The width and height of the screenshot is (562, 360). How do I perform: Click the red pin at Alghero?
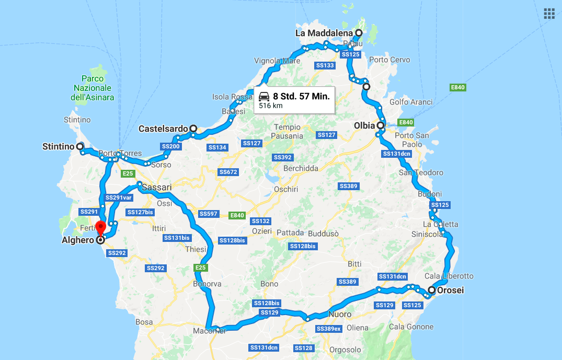(x=101, y=228)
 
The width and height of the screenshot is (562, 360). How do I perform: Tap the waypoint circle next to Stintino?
(x=80, y=147)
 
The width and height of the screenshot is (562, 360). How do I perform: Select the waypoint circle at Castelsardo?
(x=193, y=128)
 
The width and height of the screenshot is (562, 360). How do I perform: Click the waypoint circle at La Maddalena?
(x=359, y=33)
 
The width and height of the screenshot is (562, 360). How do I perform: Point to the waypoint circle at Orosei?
(x=432, y=290)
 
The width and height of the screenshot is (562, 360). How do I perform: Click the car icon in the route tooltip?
(x=264, y=96)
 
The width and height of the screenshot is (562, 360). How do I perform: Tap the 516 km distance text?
(x=271, y=106)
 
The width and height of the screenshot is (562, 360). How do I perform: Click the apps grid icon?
(x=549, y=14)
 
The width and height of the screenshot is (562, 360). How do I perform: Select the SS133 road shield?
(x=325, y=65)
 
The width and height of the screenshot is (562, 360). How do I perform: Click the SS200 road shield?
(x=170, y=147)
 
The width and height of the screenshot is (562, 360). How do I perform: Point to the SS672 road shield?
(x=228, y=172)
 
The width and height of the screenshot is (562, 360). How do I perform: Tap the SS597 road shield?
(x=208, y=214)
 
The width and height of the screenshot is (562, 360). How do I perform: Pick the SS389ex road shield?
(x=329, y=329)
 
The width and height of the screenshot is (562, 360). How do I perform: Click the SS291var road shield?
(x=118, y=198)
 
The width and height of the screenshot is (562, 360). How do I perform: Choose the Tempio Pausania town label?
(x=287, y=131)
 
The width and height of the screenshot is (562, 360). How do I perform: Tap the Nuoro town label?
(x=340, y=315)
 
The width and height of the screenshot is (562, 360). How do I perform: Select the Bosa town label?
(x=144, y=322)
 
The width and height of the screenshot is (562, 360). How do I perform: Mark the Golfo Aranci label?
(x=411, y=102)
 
